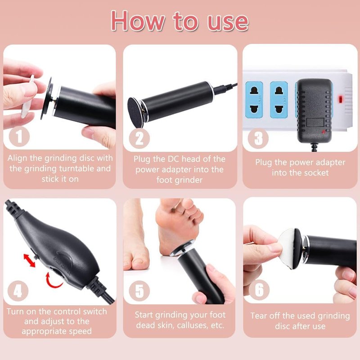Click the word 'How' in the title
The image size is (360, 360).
coord(138,21)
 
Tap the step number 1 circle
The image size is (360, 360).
coord(19,136)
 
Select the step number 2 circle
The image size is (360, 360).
coord(139,139)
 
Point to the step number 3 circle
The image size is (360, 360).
coord(258,139)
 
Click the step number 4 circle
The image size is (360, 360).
coord(18,291)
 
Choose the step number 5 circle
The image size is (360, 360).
coord(139,291)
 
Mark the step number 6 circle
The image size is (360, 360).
coord(259,290)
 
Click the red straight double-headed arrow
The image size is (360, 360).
coord(29,261)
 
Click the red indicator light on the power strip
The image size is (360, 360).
coord(340,99)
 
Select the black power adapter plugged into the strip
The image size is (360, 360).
coord(314,111)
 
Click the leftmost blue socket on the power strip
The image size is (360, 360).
coord(254,99)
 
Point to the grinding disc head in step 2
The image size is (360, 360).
coord(136,112)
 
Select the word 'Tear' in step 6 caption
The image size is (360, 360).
coord(259,316)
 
